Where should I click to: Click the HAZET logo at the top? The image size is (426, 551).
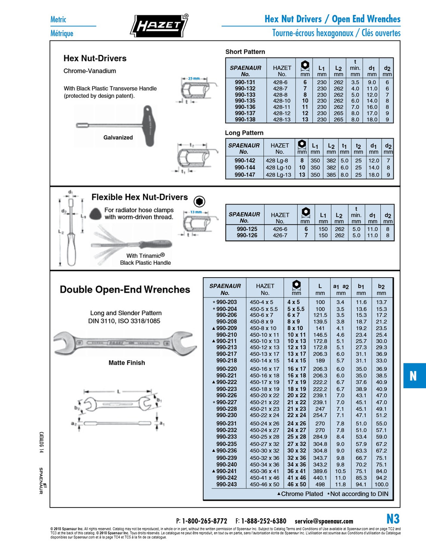click(159, 26)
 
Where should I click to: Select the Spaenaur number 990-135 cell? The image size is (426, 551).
click(245, 101)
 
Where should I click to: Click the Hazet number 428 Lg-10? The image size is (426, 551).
click(278, 167)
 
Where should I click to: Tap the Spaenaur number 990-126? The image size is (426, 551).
click(247, 235)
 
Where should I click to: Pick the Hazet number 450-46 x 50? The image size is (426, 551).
click(264, 484)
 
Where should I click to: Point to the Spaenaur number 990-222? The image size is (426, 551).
click(226, 382)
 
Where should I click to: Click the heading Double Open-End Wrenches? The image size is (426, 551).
click(125, 290)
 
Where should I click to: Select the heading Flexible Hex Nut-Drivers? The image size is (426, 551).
click(140, 197)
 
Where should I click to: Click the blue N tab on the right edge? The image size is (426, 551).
click(413, 376)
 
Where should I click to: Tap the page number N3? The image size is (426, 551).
click(393, 518)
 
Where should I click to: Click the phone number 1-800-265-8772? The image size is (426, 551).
click(205, 521)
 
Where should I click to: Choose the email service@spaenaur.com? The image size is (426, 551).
click(324, 521)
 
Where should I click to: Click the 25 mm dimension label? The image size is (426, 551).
click(194, 78)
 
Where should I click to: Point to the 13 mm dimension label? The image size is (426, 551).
click(196, 212)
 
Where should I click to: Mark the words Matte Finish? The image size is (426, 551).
click(127, 363)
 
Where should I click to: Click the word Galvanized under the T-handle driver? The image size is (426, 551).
click(118, 138)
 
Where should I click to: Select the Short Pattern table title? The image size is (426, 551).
click(245, 52)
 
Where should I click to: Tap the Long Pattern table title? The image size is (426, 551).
click(244, 133)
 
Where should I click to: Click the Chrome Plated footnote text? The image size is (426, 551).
click(302, 494)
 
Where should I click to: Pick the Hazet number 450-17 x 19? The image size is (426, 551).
click(264, 382)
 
